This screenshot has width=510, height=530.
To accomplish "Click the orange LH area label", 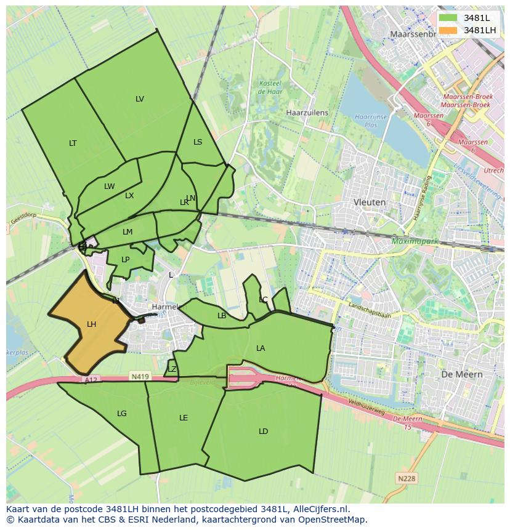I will (91, 324).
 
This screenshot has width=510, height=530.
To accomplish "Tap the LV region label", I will (140, 99).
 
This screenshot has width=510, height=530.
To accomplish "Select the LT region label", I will (73, 143).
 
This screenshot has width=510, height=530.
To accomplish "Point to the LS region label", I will (198, 142).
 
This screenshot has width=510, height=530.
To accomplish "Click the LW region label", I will (109, 187).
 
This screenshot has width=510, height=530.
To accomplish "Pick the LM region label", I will (127, 232).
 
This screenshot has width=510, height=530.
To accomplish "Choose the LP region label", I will (126, 260).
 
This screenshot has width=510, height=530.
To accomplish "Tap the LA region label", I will (261, 348).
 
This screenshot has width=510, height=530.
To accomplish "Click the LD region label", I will (263, 432).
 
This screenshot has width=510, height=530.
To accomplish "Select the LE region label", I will (183, 418).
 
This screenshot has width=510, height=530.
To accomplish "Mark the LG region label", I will (121, 414).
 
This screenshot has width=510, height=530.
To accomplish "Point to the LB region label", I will (222, 316).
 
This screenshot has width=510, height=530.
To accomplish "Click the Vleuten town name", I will (370, 202).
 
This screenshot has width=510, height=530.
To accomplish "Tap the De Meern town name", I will (462, 374).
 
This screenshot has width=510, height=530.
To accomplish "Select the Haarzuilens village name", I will (307, 113).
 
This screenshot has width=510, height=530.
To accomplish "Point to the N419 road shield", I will (140, 376).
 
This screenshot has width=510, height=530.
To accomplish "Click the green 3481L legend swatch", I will (448, 18).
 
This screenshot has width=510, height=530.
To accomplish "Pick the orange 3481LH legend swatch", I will (448, 30).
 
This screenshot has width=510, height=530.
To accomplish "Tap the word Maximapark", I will (415, 241).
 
